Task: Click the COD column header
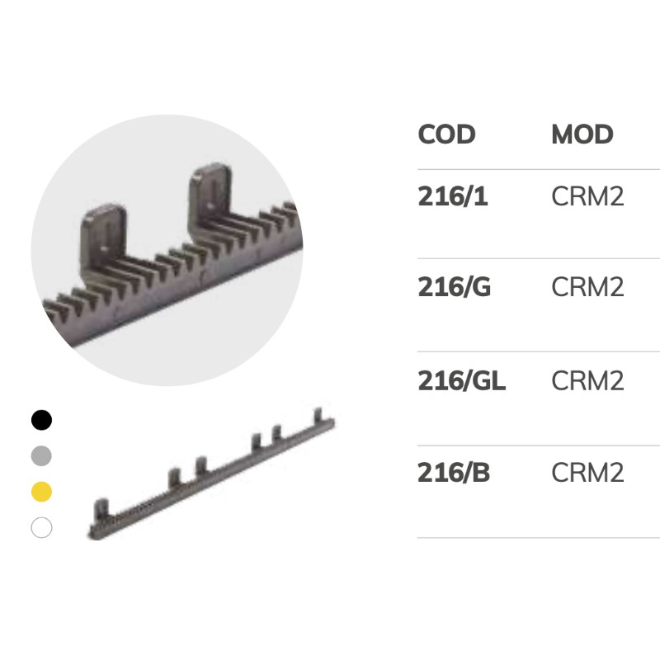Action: tap(446, 134)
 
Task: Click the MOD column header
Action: tap(582, 134)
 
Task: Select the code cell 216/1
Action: tap(453, 196)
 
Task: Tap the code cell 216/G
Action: tap(454, 288)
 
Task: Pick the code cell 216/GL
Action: tap(461, 380)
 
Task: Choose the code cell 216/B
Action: tap(453, 473)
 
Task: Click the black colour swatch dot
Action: tap(41, 420)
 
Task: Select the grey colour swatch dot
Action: tap(41, 455)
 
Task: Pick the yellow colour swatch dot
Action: tap(41, 492)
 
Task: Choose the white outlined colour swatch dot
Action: tap(41, 527)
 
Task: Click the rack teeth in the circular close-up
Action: tap(165, 272)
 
